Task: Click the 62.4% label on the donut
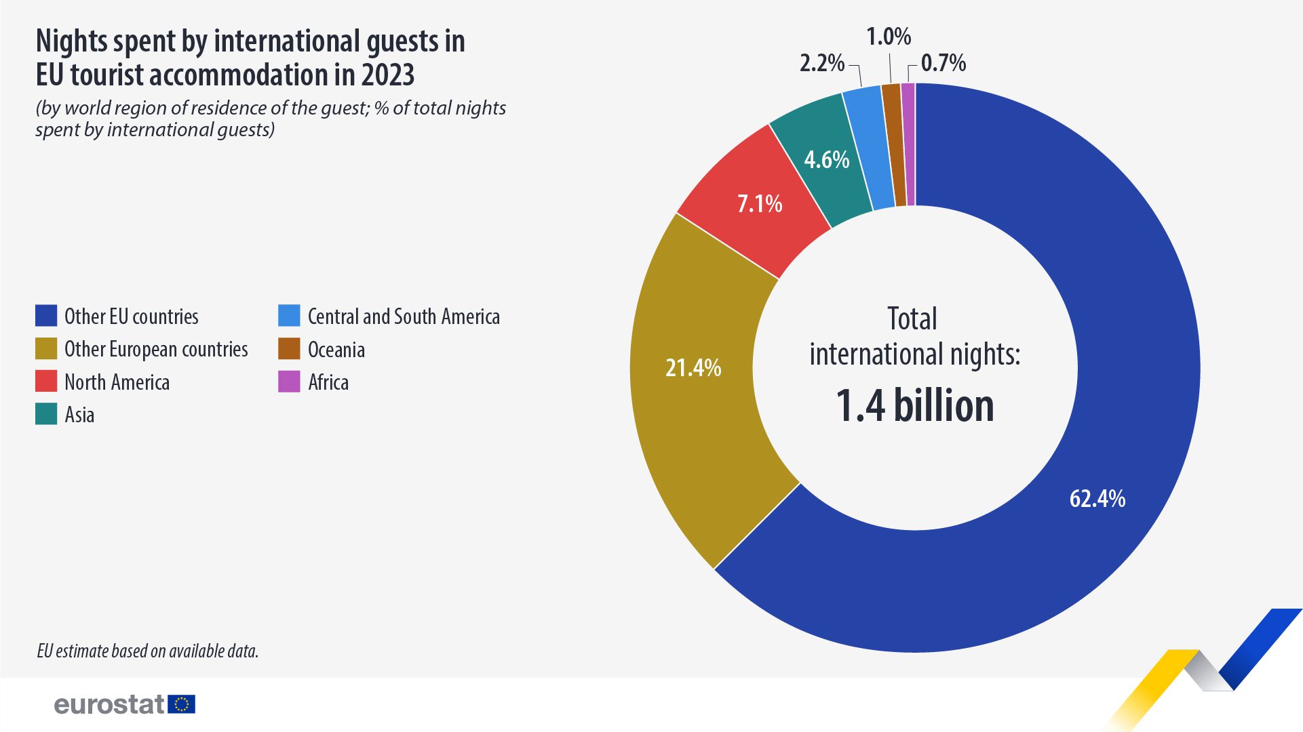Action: [1097, 499]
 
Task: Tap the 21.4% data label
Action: [693, 368]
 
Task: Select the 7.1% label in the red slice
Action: [759, 204]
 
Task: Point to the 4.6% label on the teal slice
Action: [826, 160]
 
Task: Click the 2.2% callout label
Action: [821, 63]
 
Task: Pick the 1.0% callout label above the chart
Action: [889, 37]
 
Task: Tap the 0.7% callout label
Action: [943, 63]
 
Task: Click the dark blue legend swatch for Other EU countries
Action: [46, 316]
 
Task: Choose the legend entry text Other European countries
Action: [156, 349]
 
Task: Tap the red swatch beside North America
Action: [46, 382]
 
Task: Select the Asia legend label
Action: [79, 415]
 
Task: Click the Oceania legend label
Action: [336, 350]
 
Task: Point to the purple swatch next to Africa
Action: [289, 382]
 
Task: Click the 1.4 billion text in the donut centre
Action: [914, 406]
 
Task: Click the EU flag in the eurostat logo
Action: [181, 704]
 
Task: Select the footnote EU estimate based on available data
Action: [147, 651]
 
